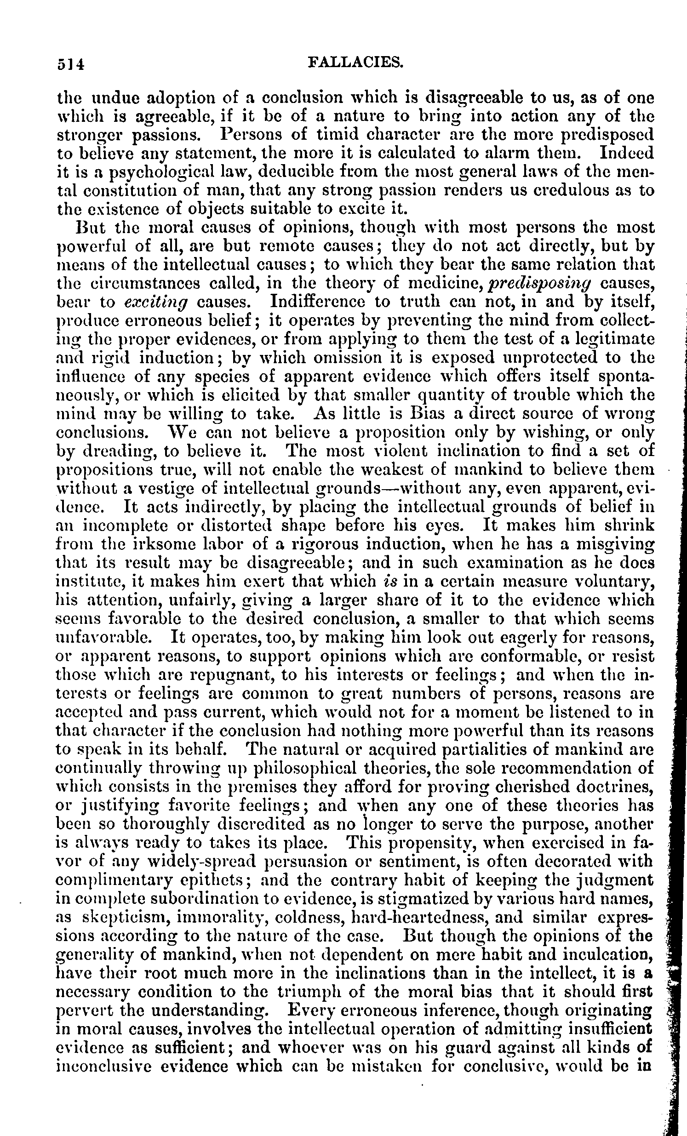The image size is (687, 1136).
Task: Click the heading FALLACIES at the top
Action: coord(355,62)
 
